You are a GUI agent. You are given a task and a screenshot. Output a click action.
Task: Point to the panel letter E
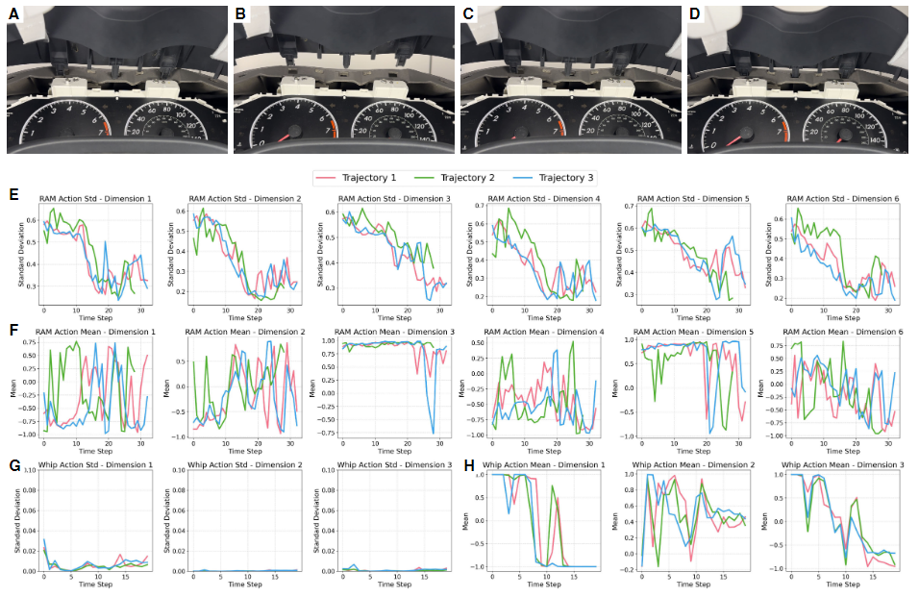pos(12,194)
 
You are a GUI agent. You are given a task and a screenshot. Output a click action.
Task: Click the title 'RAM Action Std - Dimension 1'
pos(95,198)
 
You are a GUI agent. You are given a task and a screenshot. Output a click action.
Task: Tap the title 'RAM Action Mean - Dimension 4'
pos(545,331)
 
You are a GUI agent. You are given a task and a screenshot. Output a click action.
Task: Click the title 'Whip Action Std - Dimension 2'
pos(244,466)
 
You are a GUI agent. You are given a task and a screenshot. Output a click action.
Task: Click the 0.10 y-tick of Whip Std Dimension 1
pos(29,471)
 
